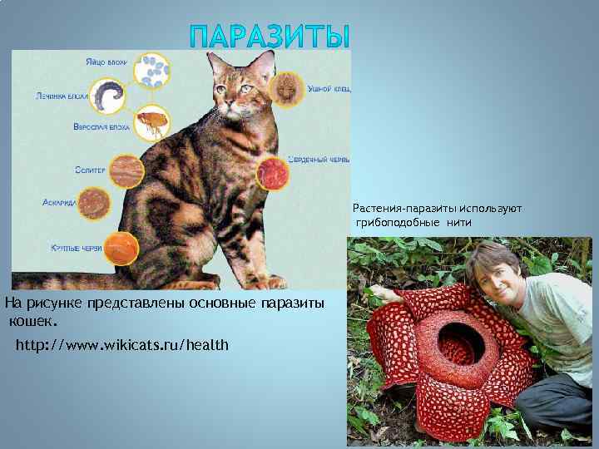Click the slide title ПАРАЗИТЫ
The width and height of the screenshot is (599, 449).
click(x=270, y=36)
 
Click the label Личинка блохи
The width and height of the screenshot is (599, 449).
click(x=62, y=96)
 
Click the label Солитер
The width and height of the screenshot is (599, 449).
click(x=89, y=170)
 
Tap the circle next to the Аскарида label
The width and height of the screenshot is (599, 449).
click(x=95, y=204)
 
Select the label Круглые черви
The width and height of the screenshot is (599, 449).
click(x=76, y=248)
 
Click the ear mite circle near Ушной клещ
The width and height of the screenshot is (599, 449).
click(x=289, y=86)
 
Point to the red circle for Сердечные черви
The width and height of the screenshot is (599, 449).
click(x=271, y=173)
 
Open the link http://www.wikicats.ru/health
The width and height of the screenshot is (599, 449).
click(x=121, y=344)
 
